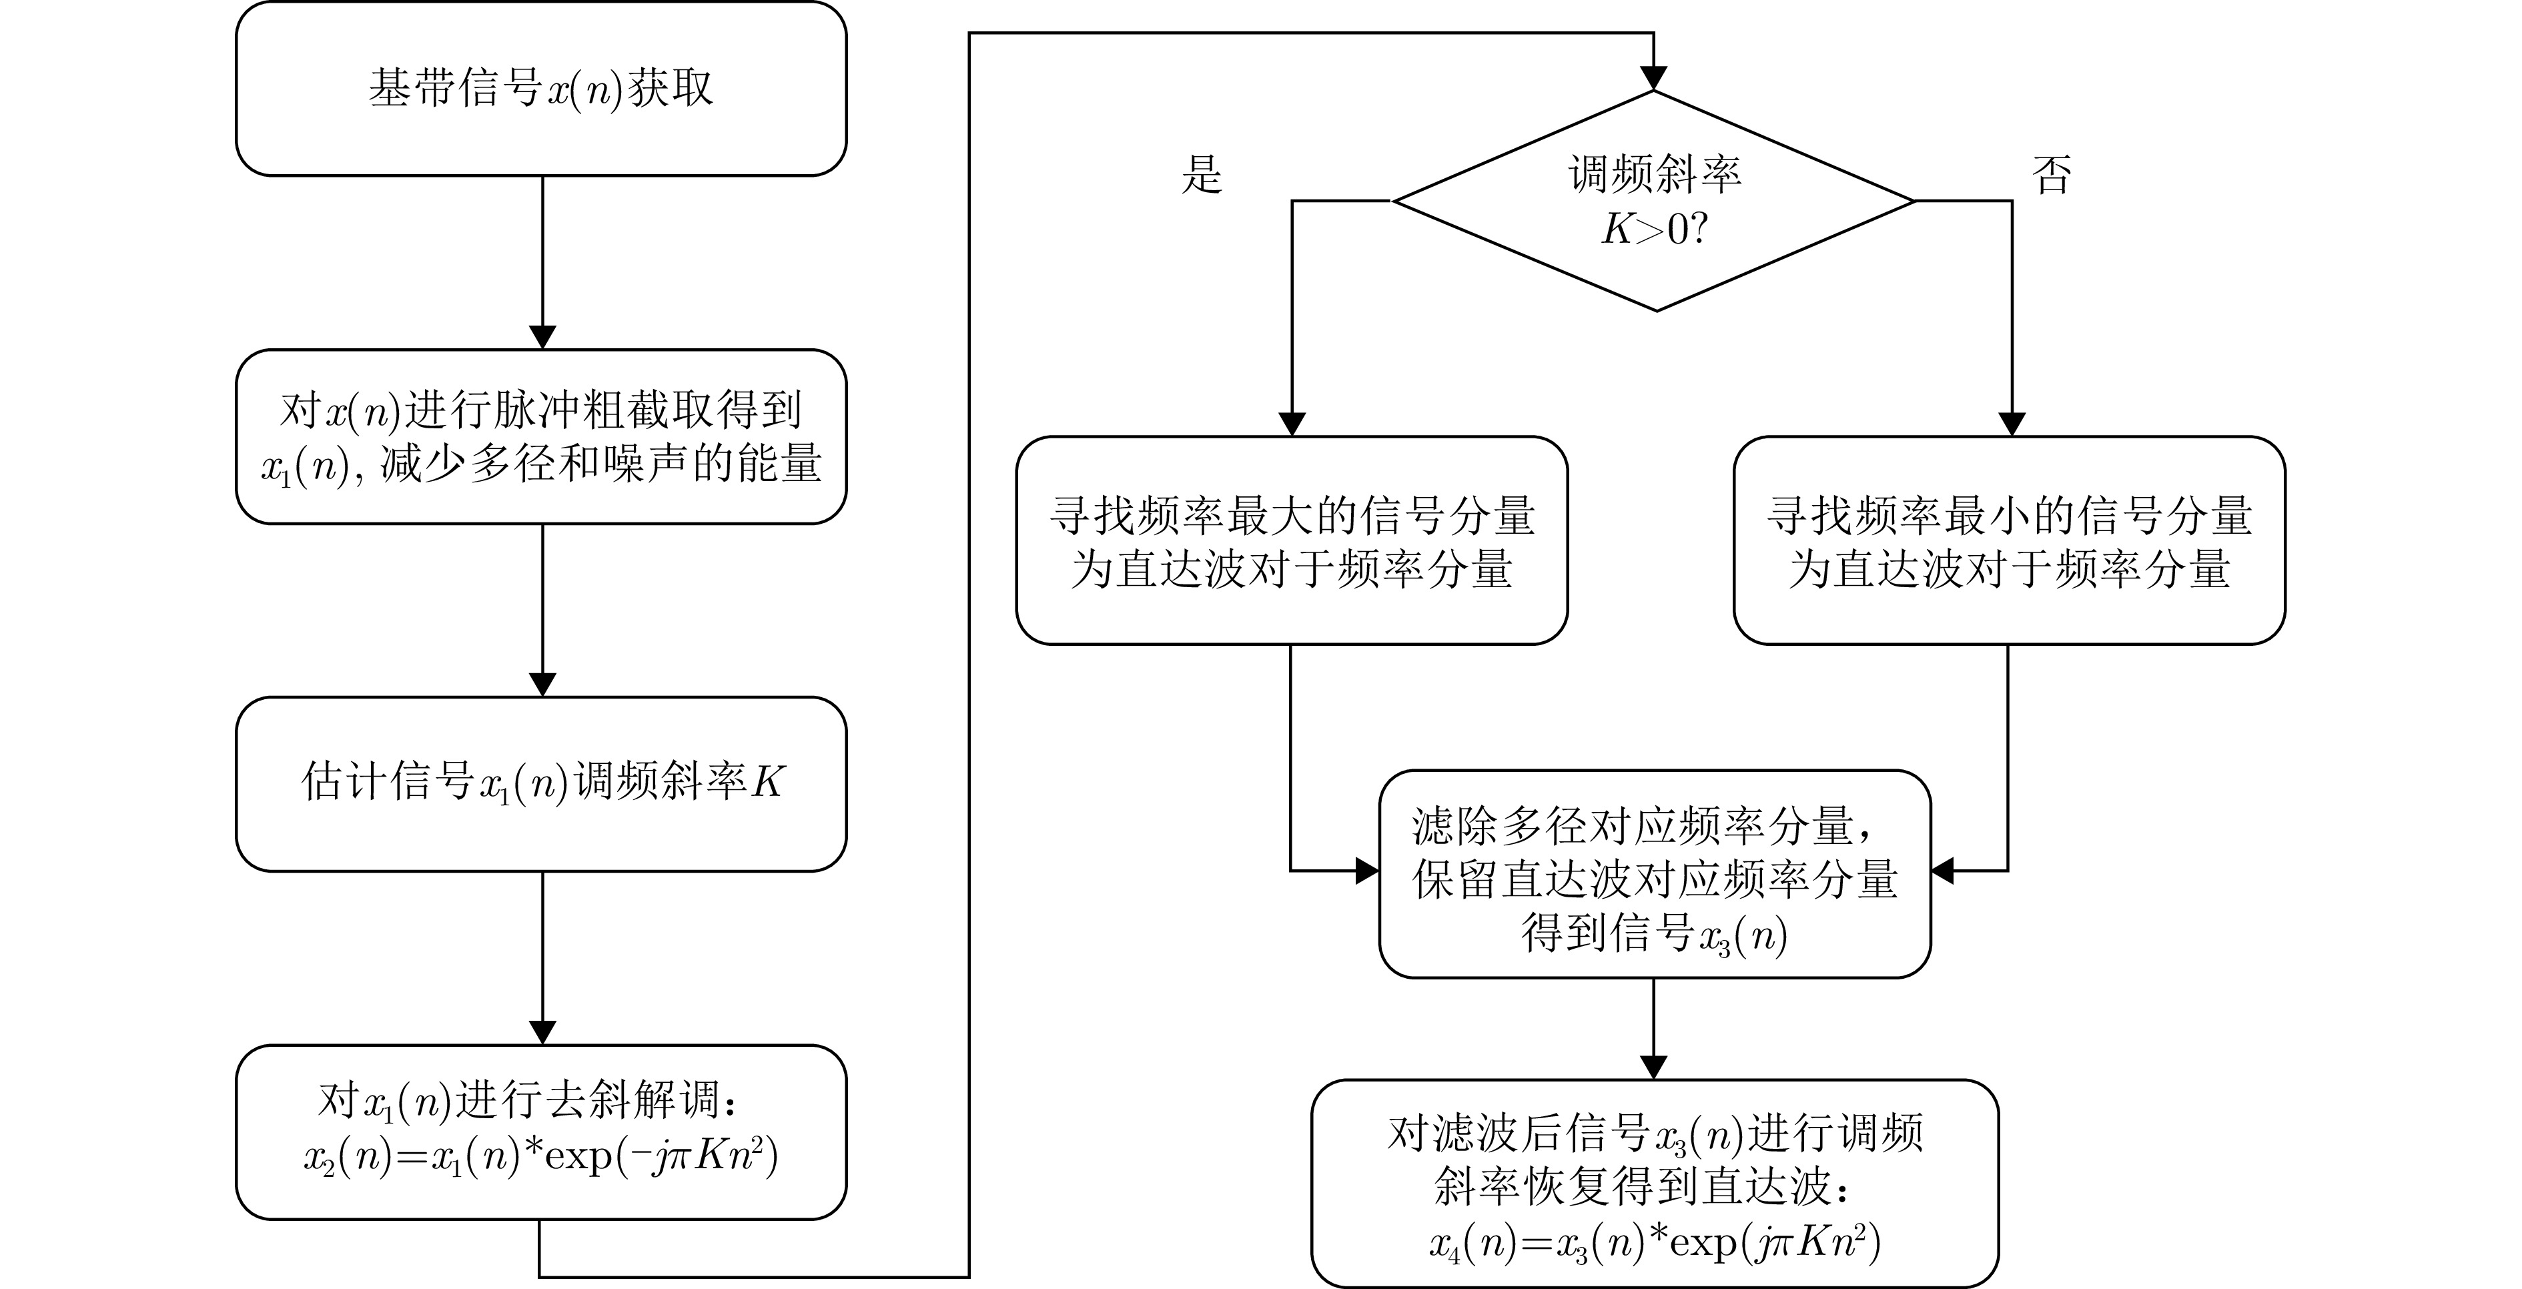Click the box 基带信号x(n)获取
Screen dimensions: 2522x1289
541,89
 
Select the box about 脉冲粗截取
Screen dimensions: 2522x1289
541,436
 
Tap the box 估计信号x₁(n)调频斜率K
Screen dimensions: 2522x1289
541,784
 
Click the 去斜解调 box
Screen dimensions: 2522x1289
541,1132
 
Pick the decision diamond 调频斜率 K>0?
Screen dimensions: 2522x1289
1653,201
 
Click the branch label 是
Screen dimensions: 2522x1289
1202,175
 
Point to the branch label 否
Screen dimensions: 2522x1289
2052,175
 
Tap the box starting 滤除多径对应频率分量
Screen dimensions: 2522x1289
1655,874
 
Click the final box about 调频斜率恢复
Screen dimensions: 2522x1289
1655,1184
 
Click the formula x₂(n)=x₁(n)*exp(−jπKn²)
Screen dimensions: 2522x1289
541,1157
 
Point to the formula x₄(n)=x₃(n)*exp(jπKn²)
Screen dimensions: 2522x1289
1655,1242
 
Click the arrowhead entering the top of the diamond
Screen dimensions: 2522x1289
1653,78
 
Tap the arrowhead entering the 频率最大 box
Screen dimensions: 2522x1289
1292,424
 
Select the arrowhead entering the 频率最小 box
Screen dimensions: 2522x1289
2011,424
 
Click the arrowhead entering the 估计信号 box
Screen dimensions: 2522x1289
541,684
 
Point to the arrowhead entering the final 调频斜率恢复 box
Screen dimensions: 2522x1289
1653,1067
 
